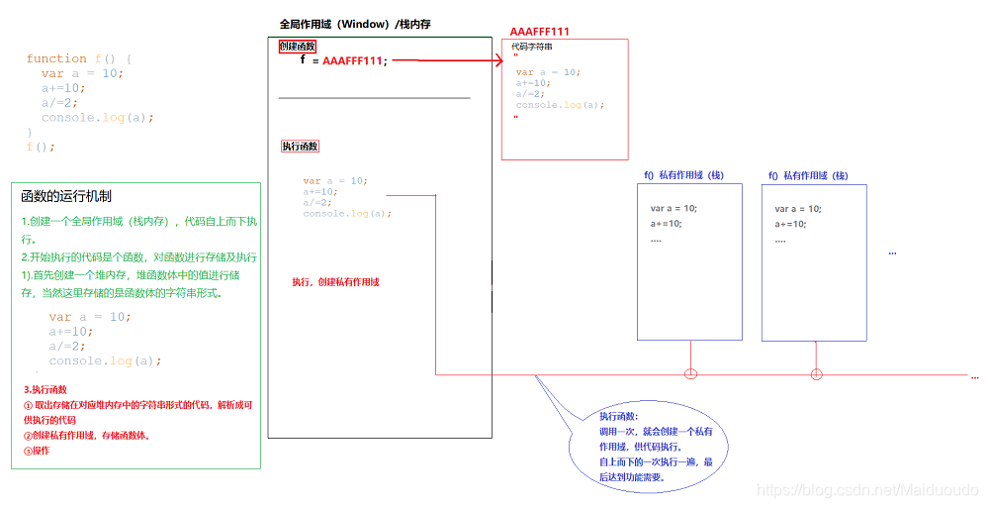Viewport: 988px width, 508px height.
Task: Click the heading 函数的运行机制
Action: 65,196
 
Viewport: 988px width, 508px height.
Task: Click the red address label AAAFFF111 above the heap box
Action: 540,32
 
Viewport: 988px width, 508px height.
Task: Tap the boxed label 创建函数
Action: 297,47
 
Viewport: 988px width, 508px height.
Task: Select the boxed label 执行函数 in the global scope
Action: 300,146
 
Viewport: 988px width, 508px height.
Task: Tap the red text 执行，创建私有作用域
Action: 335,282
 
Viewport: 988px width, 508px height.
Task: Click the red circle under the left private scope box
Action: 690,373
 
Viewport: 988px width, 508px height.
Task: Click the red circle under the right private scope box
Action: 816,373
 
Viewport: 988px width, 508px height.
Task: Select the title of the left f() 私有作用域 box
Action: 683,175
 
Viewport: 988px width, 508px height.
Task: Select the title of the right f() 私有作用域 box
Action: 808,175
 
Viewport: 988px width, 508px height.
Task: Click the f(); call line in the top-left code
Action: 41,147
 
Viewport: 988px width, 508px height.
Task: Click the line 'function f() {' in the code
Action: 79,58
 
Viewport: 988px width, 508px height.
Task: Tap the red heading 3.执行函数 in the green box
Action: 45,390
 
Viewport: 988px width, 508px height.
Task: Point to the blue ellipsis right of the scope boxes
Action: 892,253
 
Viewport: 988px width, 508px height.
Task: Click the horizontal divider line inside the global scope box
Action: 374,98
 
